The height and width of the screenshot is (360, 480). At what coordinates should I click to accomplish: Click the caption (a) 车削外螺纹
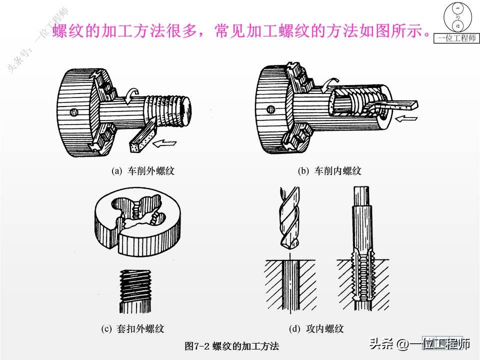pyautogui.click(x=142, y=171)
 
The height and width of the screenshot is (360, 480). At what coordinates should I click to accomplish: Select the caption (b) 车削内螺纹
pyautogui.click(x=329, y=171)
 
